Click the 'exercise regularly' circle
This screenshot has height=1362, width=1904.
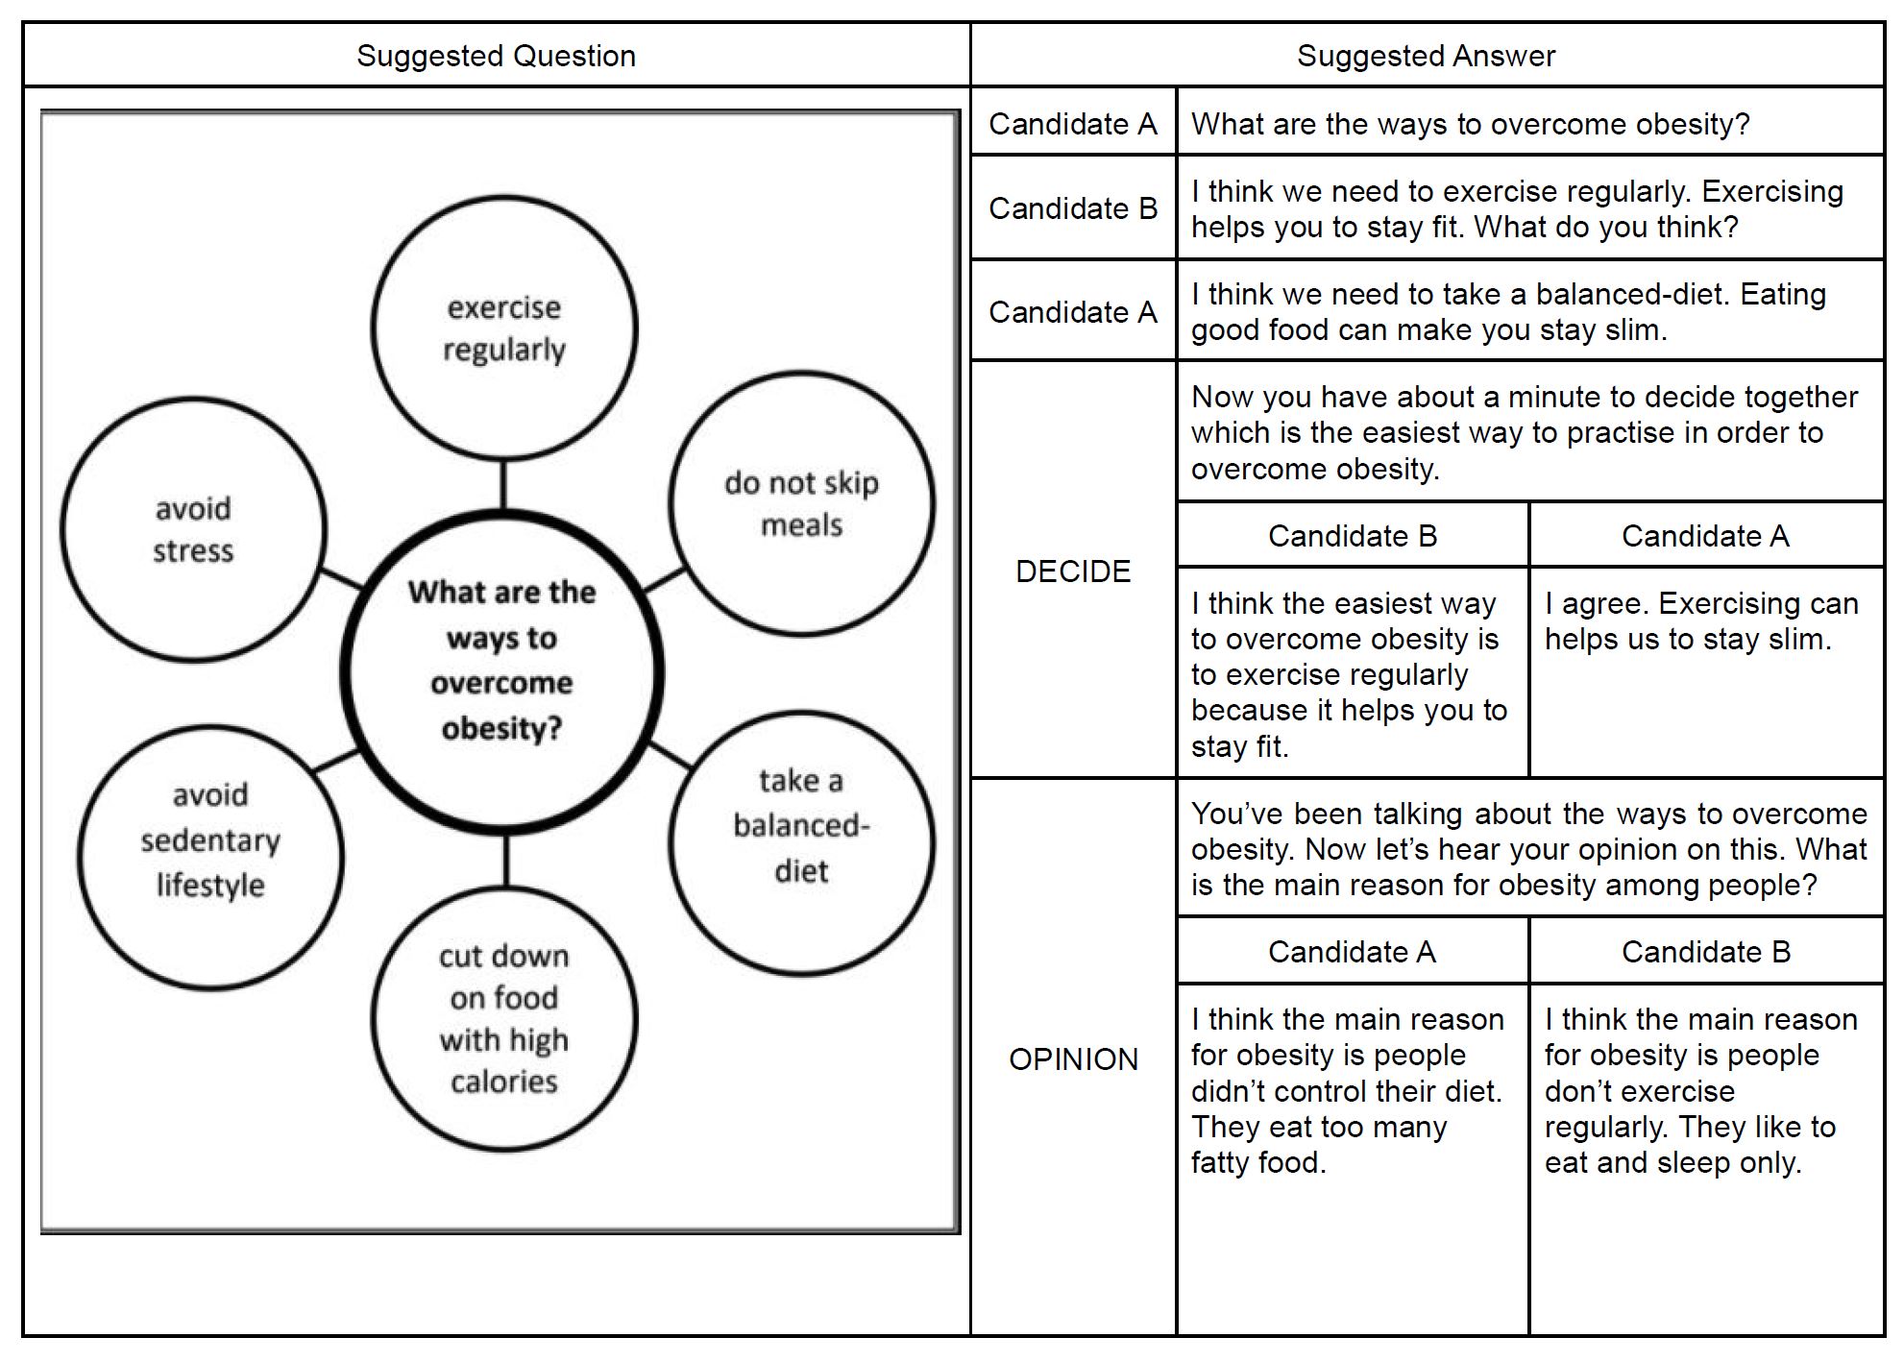click(503, 328)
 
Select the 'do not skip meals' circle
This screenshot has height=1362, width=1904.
click(801, 503)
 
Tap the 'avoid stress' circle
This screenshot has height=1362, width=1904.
click(193, 529)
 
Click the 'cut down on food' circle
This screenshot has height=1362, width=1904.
click(503, 1019)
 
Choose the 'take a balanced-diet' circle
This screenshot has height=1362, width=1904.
click(801, 842)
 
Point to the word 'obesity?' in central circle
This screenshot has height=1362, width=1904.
click(501, 728)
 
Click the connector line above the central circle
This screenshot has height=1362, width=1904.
click(502, 485)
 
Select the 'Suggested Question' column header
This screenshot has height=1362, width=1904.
click(496, 56)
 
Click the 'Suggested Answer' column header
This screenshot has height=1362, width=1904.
click(1426, 56)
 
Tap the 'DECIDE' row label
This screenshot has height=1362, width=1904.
click(1073, 572)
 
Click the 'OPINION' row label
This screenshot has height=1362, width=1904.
click(1073, 1058)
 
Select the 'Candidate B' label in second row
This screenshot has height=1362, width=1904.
click(1073, 208)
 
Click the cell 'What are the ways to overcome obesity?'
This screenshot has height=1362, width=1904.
click(1470, 124)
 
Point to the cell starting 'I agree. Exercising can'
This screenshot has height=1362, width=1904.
click(1701, 621)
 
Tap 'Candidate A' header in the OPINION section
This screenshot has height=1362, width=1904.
click(1352, 951)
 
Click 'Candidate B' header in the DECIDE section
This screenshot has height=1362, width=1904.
click(1352, 535)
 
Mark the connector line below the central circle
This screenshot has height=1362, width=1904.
click(505, 861)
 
